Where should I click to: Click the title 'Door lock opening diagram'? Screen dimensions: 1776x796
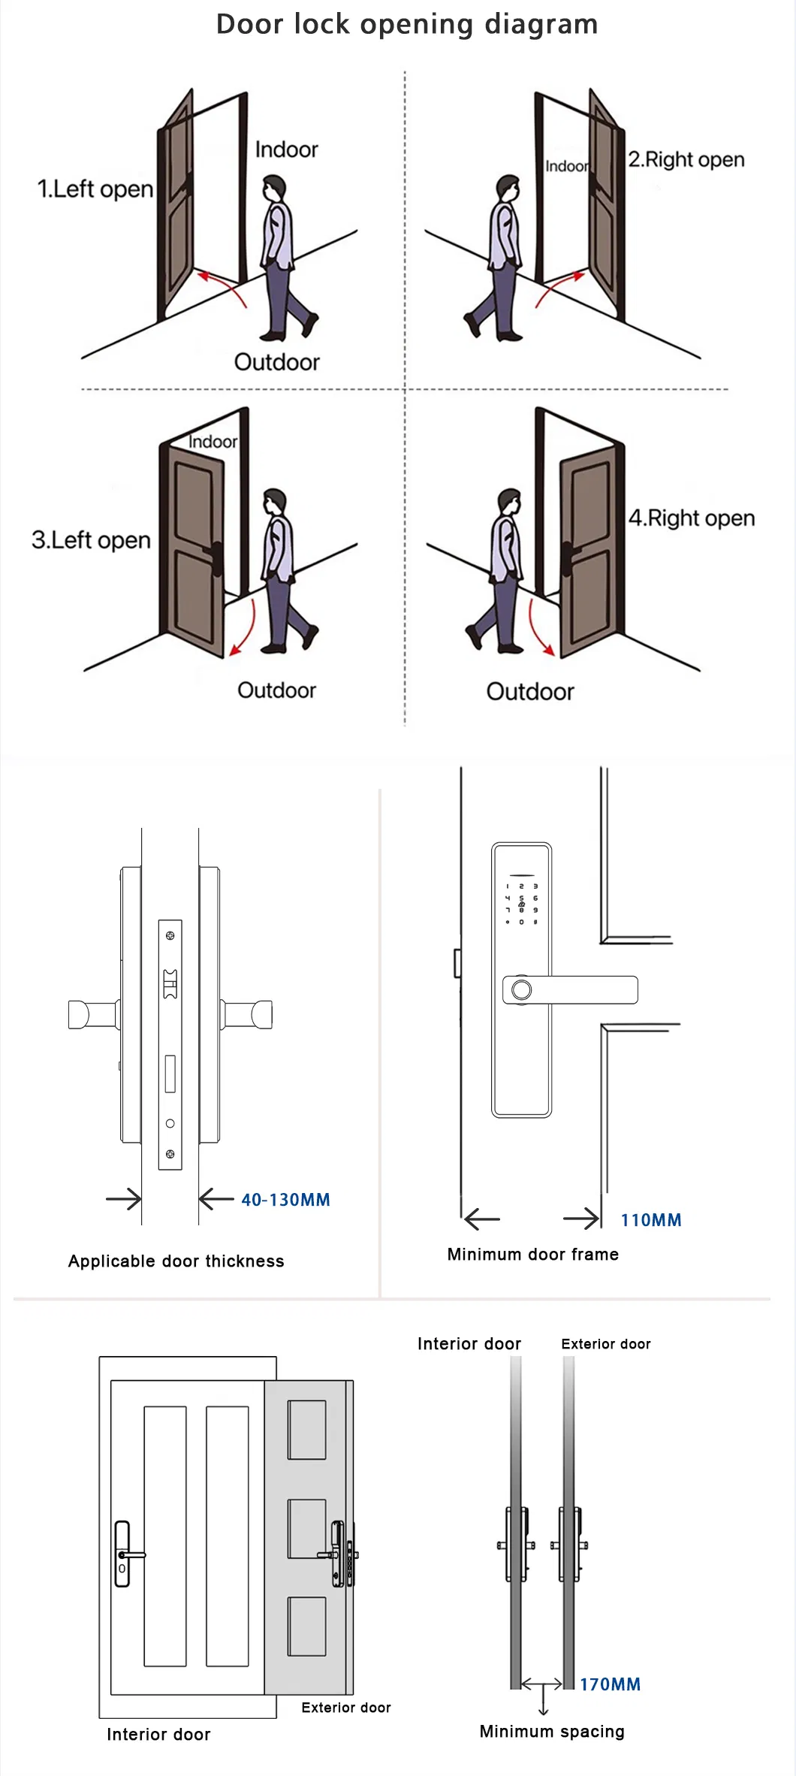pos(406,24)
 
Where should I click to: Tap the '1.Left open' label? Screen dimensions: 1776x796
pos(95,189)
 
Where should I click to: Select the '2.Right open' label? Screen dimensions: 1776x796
pos(686,159)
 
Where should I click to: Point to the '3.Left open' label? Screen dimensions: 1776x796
pos(91,540)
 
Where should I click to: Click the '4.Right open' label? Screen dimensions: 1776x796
pos(691,518)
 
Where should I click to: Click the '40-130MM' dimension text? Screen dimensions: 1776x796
pos(285,1200)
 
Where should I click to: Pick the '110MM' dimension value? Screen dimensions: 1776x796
pos(650,1220)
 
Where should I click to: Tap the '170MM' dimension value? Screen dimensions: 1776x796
pos(610,1684)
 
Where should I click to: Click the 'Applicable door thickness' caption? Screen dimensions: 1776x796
pos(176,1261)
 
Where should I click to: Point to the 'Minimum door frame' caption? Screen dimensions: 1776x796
pos(532,1255)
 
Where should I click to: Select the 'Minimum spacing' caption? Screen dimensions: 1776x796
pos(551,1732)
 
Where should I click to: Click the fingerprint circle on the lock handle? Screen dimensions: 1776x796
pos(521,990)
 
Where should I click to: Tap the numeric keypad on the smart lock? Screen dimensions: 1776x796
pos(521,904)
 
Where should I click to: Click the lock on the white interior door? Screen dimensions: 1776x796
pos(123,1554)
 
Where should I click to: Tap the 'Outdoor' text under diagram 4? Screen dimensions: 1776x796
pos(529,691)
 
